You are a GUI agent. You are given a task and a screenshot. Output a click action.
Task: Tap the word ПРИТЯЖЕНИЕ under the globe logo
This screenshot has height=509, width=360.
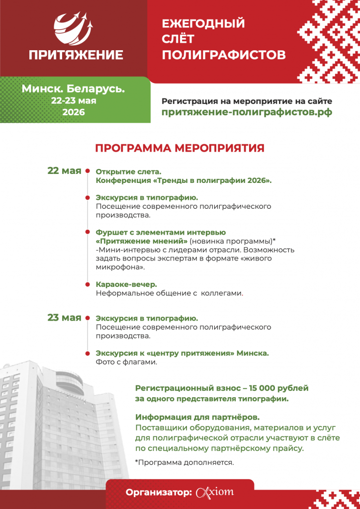point(76,55)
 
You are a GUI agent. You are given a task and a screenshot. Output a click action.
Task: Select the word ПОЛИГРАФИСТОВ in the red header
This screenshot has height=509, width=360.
point(224,55)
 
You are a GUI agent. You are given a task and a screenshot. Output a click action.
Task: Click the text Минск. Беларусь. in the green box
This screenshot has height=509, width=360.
point(73,89)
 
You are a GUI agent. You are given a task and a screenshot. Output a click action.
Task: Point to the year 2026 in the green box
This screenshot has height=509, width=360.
point(74,112)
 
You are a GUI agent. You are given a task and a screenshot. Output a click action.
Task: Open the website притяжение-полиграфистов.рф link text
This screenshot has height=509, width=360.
point(247,112)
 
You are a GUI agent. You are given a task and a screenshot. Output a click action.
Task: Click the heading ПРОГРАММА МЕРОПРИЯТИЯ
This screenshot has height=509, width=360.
point(180,148)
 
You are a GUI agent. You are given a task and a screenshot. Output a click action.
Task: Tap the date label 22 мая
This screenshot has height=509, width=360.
point(64,171)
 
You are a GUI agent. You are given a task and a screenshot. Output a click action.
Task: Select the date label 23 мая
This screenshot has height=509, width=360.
point(64,318)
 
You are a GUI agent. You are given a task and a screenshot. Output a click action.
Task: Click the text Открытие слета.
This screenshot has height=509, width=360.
point(121,172)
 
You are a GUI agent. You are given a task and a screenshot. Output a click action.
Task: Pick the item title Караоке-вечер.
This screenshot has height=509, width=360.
point(126,284)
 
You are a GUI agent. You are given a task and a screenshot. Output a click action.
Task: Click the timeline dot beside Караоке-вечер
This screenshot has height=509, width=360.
point(88,284)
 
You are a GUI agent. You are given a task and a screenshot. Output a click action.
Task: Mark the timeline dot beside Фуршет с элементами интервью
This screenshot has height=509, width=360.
point(88,232)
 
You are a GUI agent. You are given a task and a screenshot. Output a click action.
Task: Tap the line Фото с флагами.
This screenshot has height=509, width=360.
point(126,362)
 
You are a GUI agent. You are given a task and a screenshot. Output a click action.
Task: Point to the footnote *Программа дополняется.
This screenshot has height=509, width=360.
point(184,462)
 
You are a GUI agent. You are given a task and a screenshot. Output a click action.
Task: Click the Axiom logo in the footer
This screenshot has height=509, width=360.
point(215,493)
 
